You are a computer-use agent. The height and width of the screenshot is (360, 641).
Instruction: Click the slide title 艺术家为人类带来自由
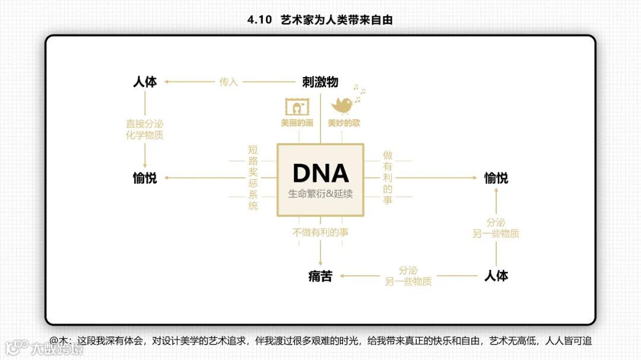pos(336,20)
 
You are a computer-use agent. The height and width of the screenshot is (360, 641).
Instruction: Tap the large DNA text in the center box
pos(320,173)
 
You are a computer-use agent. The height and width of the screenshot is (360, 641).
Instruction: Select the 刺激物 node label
pos(320,82)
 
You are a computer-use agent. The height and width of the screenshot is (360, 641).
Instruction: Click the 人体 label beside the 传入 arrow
pos(145,82)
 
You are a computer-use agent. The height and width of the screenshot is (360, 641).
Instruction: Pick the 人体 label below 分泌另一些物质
pos(496,276)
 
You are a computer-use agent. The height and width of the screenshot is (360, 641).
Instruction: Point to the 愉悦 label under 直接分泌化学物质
pos(145,178)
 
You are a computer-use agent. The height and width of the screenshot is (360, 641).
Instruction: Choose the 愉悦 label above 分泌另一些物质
pos(496,178)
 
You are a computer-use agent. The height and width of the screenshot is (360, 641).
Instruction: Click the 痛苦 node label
pos(320,276)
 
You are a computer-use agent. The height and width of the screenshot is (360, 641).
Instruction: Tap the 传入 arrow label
pos(229,82)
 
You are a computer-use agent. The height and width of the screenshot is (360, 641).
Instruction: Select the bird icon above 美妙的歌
pos(343,105)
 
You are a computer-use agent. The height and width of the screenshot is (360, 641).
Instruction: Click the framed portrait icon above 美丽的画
pos(296,107)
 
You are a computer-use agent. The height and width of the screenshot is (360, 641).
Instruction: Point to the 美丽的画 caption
pos(297,123)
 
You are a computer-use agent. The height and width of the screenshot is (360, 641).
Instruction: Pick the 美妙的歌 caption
pos(344,123)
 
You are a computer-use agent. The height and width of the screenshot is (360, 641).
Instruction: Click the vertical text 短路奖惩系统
pos(253,178)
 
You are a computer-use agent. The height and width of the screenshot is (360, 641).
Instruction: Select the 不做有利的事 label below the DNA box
pos(320,232)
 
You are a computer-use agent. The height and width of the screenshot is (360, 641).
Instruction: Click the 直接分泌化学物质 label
pos(145,129)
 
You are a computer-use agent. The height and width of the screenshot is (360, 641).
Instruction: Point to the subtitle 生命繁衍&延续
pos(320,194)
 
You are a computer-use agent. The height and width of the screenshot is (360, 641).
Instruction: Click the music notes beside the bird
pos(359,90)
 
